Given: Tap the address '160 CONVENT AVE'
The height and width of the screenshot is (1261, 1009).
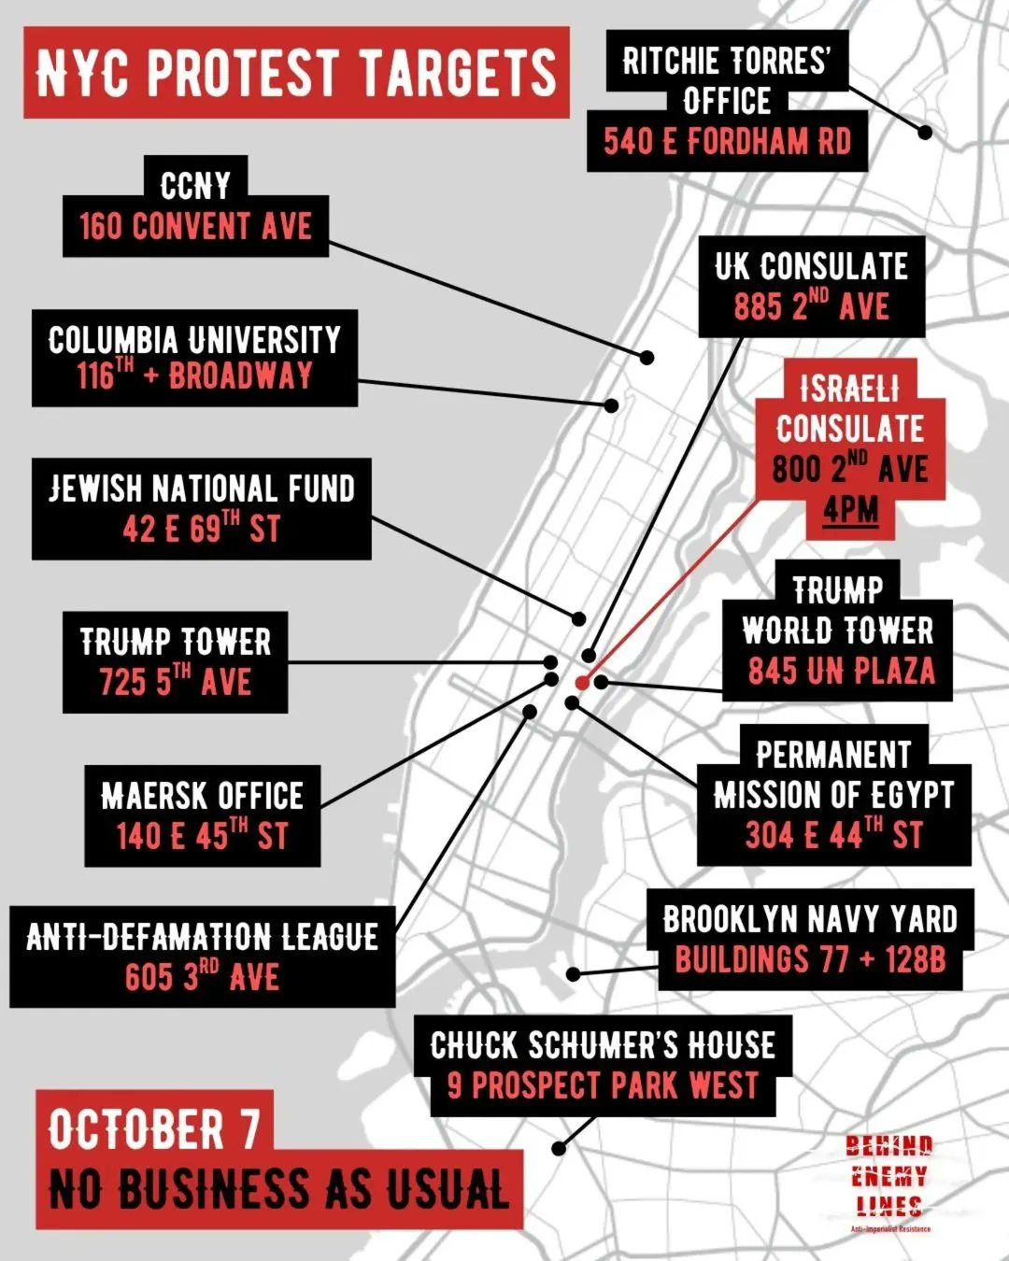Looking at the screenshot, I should point(195,226).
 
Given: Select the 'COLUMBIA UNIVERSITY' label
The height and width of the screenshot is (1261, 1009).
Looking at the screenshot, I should point(194,339).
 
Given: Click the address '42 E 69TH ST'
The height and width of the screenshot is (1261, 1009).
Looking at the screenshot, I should point(201,529).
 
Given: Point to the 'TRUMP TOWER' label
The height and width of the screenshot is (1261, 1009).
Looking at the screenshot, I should point(176,642).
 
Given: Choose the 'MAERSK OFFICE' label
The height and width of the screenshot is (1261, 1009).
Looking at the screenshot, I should point(202,795).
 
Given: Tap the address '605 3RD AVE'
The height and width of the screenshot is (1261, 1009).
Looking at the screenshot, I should point(202,977).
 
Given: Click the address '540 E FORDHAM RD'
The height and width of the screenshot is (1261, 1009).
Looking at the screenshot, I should point(727,142).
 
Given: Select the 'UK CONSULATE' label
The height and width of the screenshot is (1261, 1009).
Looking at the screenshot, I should point(811,266).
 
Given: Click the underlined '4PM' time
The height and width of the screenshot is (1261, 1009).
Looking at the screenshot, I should point(850,511).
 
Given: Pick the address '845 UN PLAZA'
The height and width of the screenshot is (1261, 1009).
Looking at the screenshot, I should point(841,671).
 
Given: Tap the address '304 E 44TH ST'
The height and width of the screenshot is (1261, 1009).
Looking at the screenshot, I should point(833,834).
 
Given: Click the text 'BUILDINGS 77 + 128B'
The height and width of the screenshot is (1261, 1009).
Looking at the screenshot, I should point(810,959).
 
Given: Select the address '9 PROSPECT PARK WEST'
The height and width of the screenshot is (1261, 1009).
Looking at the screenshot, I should point(603,1085).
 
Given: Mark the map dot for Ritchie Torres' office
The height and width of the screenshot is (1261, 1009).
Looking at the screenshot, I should point(925,132).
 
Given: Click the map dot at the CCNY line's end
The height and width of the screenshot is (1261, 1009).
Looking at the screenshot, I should point(647,357).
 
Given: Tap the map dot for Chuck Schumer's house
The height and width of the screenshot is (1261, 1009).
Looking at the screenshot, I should point(559,1149).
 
